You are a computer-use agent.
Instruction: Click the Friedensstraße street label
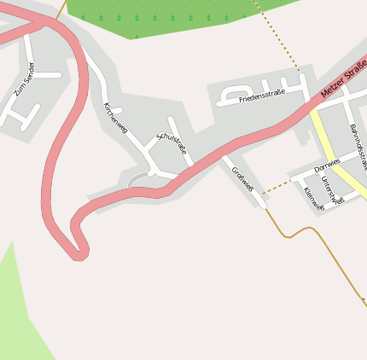point(262,96)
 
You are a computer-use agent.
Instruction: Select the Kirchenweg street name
point(115,119)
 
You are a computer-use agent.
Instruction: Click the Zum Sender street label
point(25,78)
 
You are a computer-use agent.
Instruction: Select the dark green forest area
point(162,17)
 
